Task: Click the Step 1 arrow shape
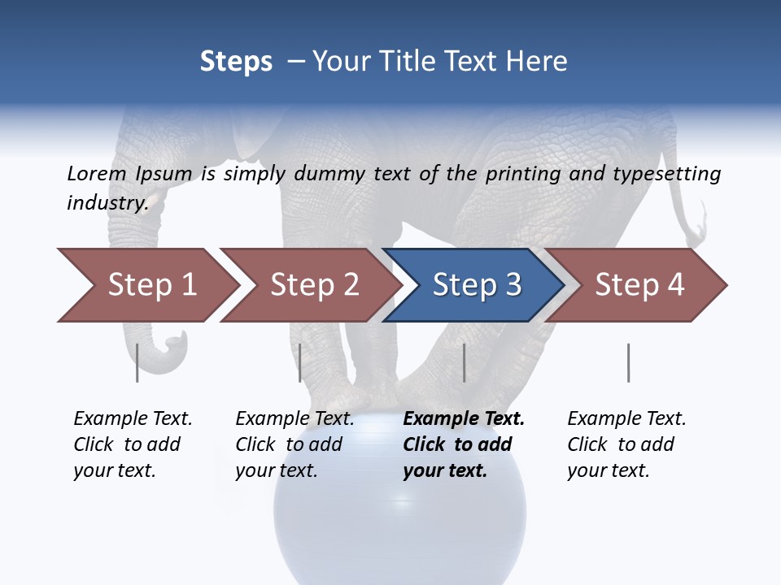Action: pos(146,285)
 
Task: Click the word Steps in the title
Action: pos(236,62)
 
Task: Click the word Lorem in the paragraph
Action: pos(97,174)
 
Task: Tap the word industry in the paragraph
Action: pos(107,203)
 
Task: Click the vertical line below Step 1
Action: pos(137,362)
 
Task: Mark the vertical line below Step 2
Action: pos(300,362)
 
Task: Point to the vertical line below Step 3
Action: pos(464,362)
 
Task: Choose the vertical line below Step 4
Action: pos(628,362)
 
